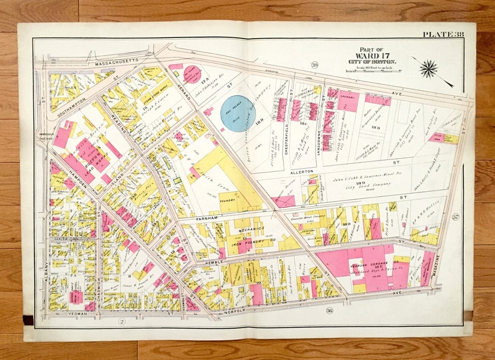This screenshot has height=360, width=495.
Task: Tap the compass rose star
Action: pos(428,69)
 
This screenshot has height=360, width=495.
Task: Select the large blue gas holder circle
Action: pos(239,113)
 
